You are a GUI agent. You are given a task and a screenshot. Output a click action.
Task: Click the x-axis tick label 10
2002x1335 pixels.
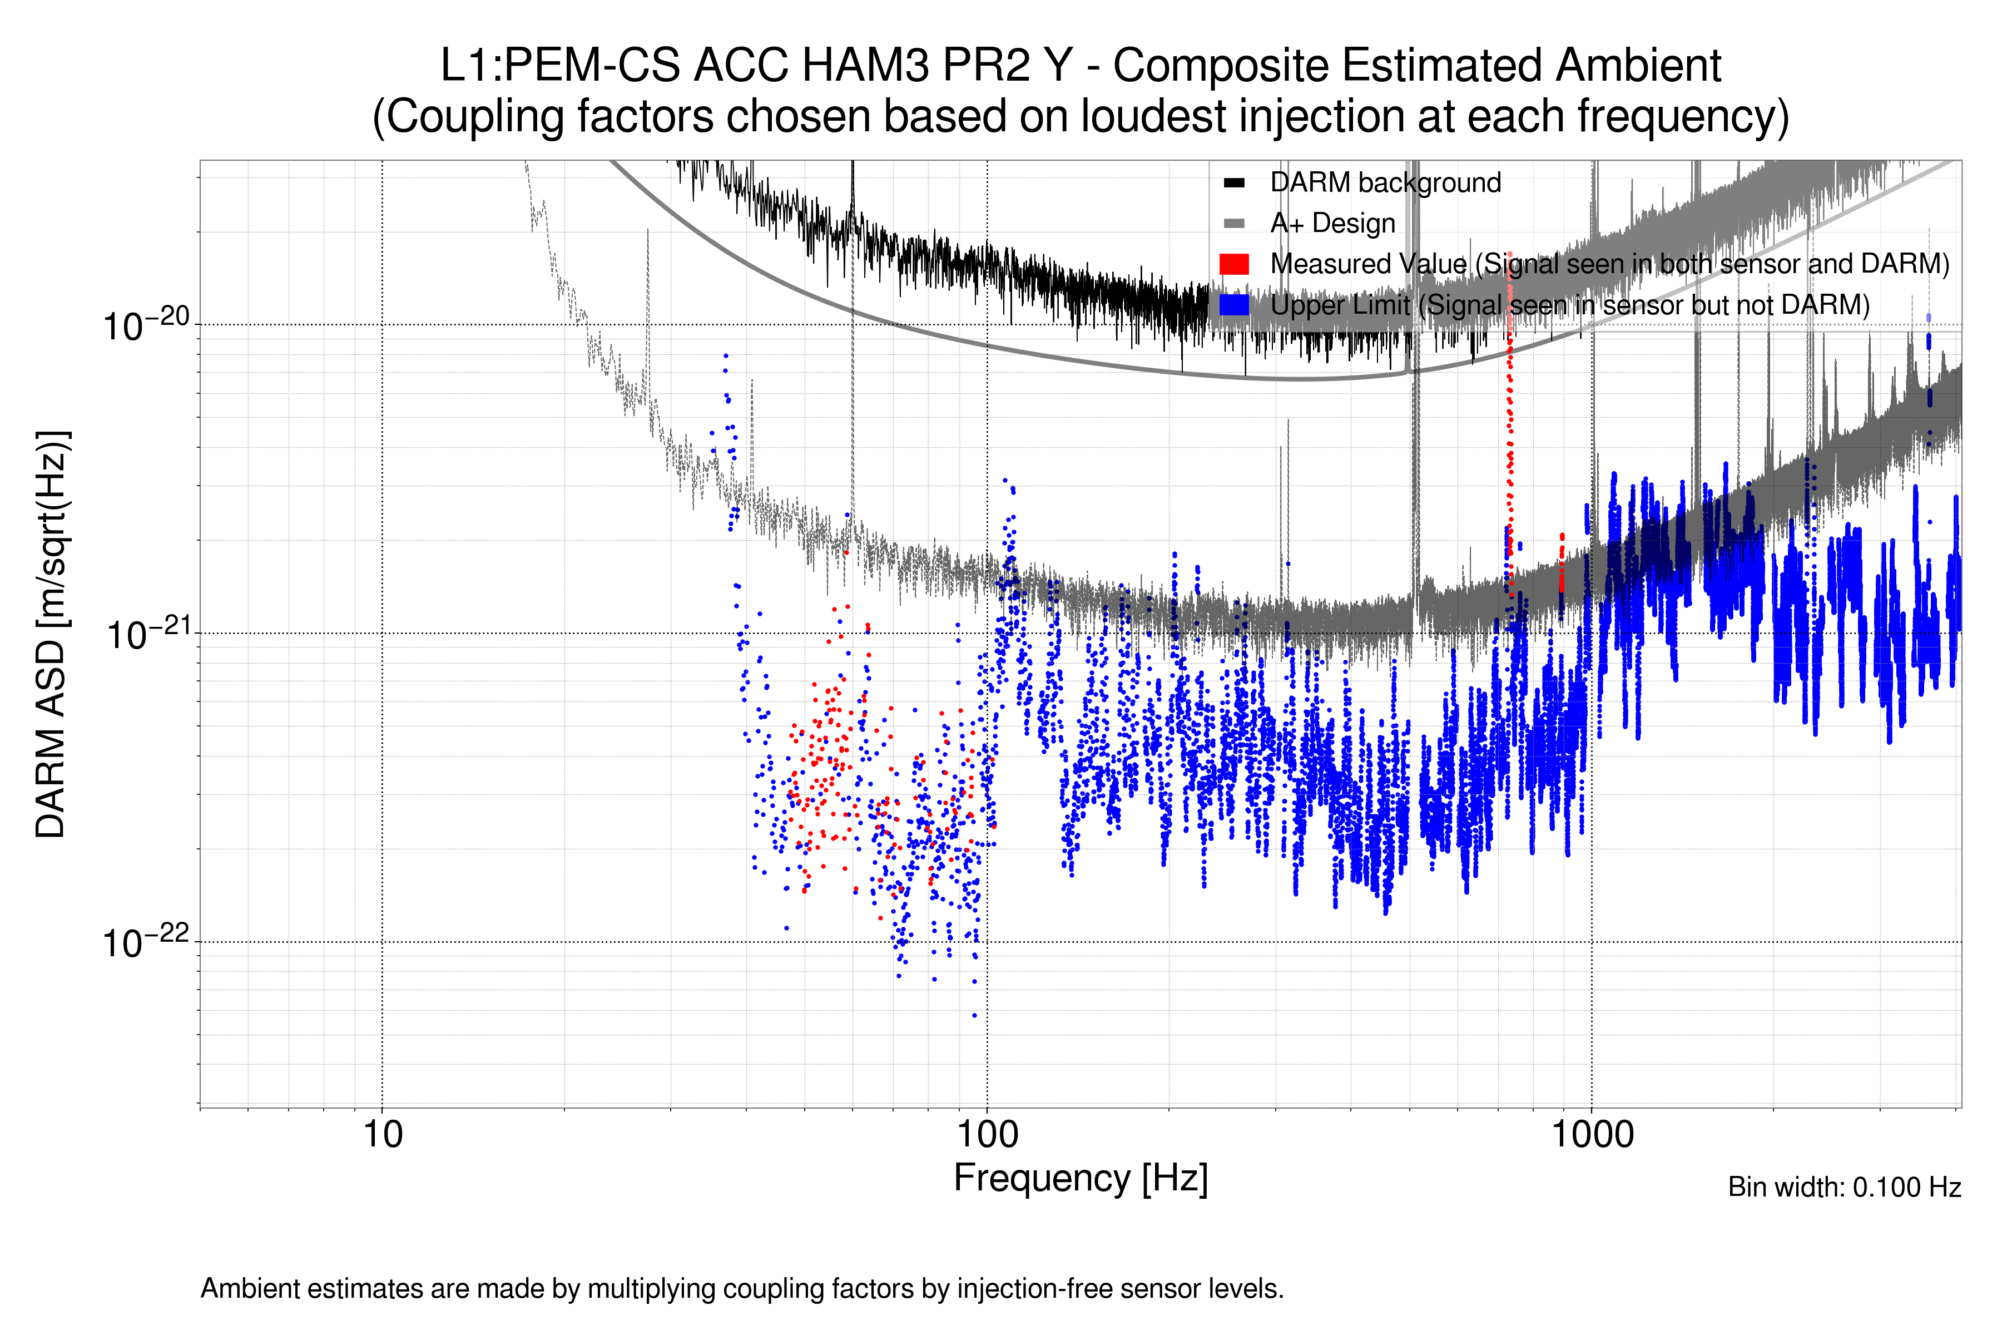pos(382,1135)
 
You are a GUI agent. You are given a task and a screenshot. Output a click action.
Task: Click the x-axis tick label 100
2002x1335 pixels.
pos(988,1135)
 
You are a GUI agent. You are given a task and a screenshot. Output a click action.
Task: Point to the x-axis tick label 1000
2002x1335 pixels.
pos(1592,1135)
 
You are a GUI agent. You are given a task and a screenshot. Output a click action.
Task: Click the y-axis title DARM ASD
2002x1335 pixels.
pos(51,634)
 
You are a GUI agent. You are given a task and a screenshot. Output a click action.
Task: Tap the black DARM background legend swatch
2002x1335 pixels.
pos(1233,183)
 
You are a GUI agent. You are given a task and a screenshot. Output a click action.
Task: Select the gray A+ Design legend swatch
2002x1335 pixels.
pos(1233,224)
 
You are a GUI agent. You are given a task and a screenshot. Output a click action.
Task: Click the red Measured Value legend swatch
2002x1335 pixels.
pos(1233,264)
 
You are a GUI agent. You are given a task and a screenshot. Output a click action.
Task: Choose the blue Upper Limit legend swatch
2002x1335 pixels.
pos(1233,305)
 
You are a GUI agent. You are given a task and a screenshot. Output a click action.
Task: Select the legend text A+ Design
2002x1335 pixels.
pos(1332,224)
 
